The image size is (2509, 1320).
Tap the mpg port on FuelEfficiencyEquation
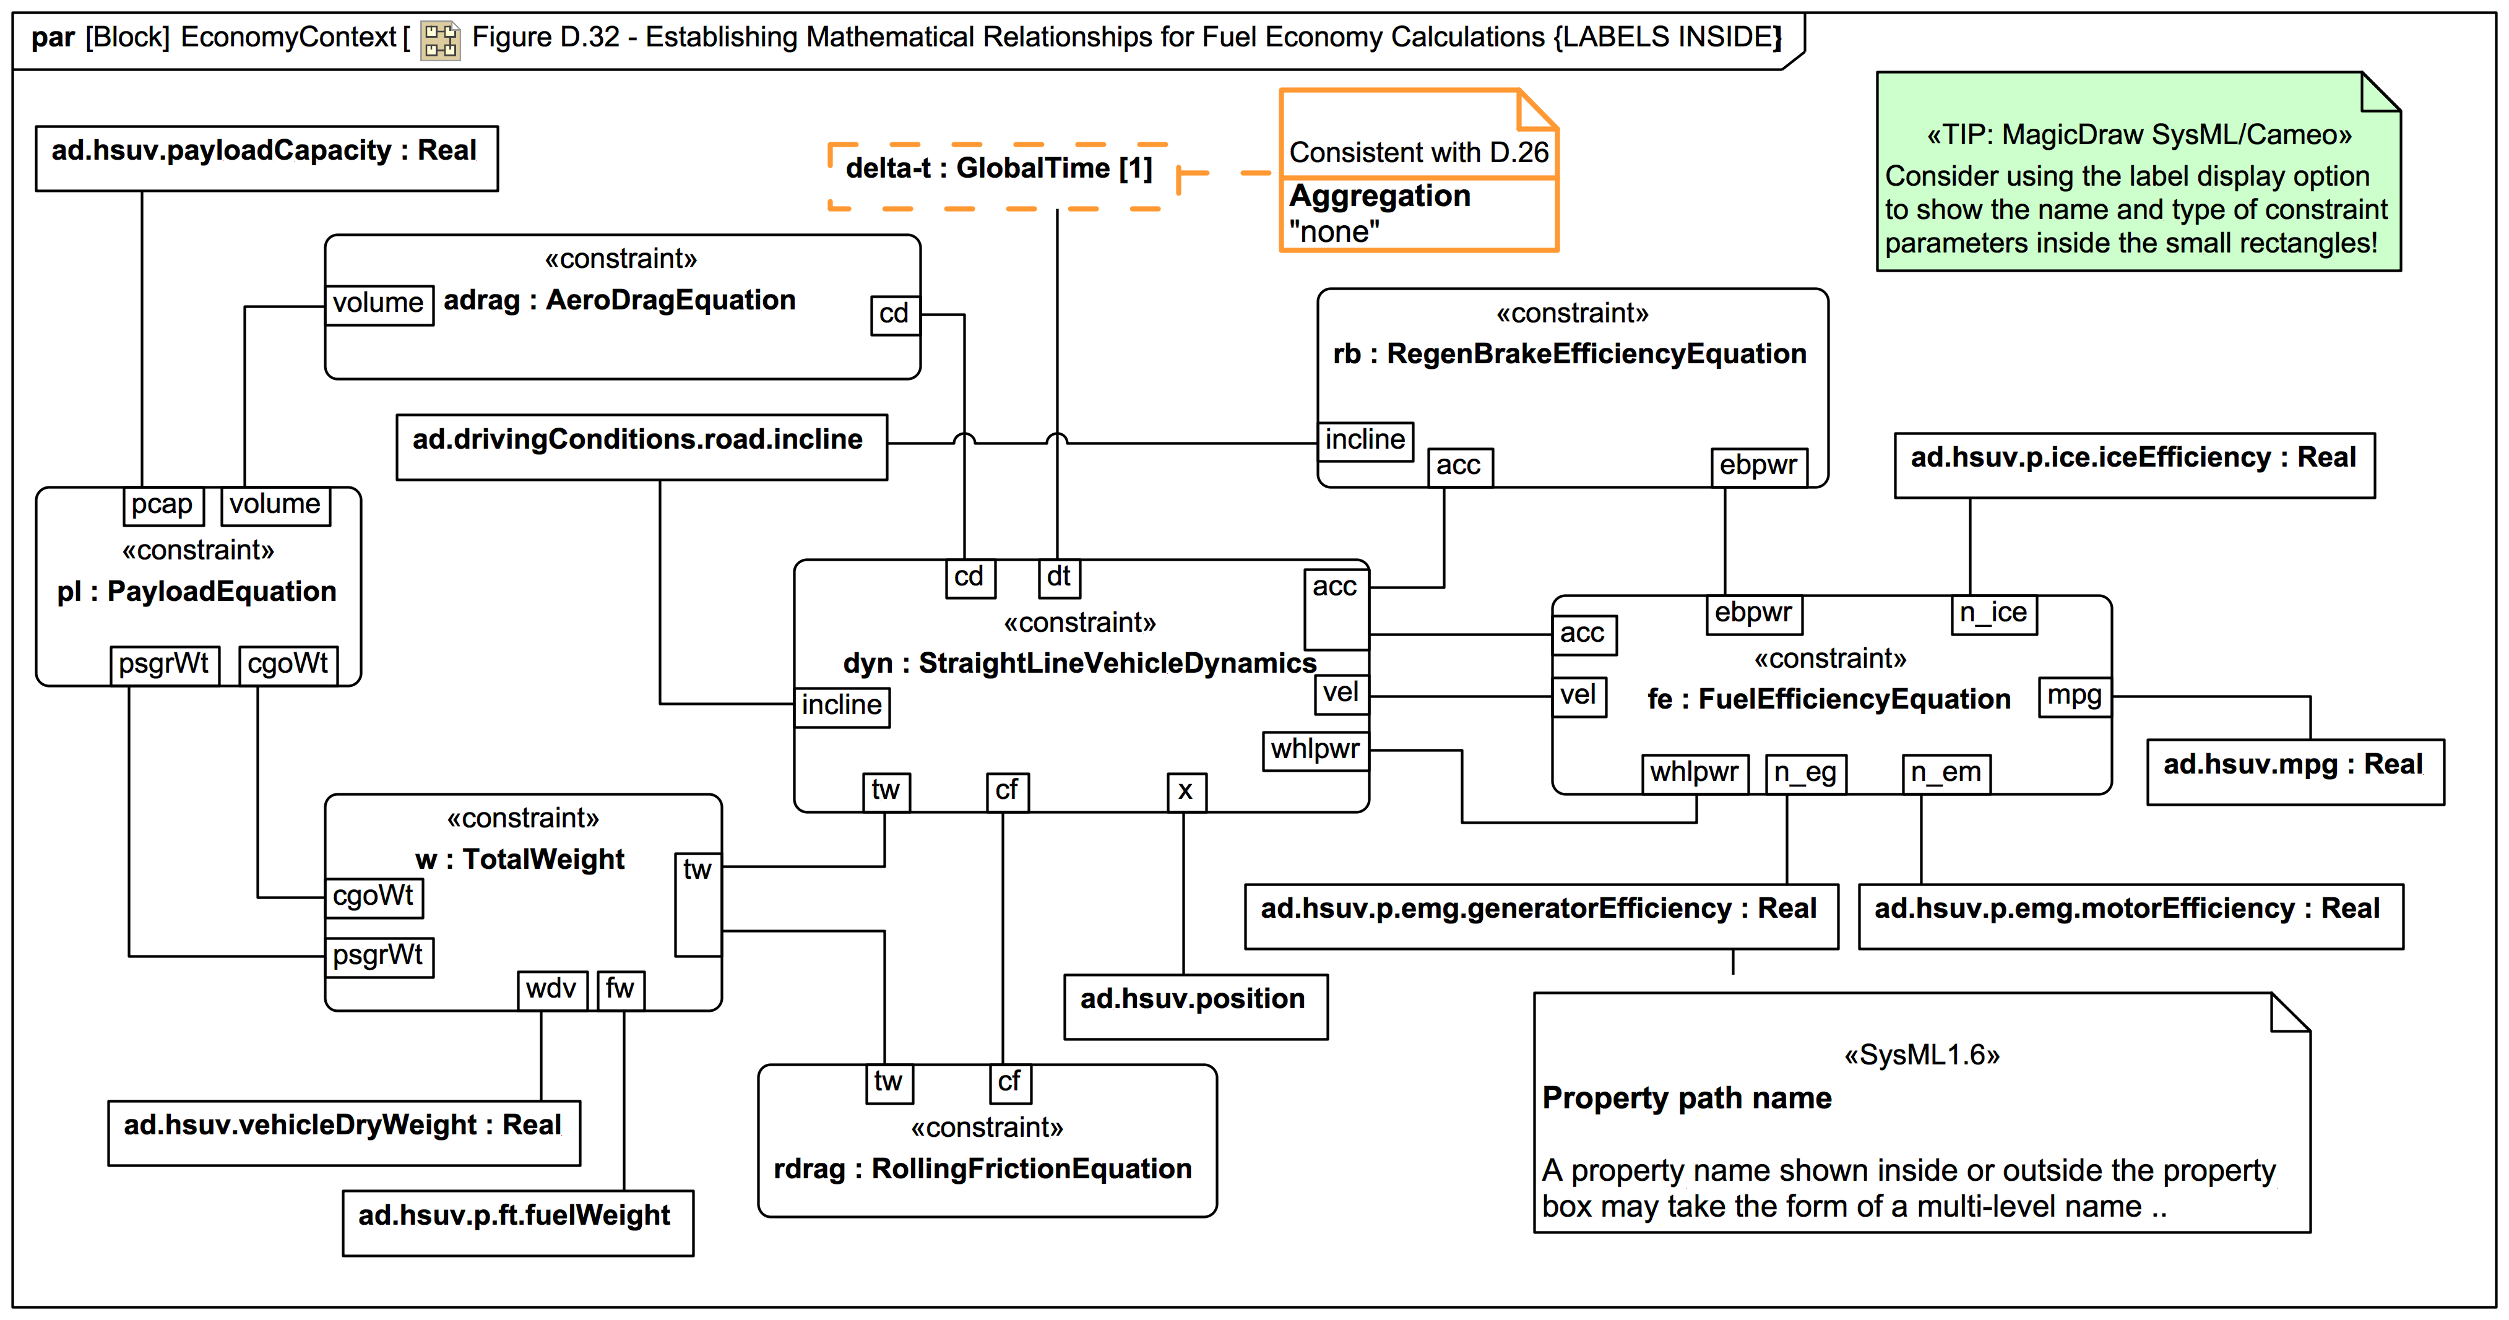coord(2075,697)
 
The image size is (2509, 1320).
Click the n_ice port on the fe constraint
coord(1993,614)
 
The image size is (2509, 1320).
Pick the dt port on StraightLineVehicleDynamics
coord(1059,577)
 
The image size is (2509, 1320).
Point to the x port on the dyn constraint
coord(1185,791)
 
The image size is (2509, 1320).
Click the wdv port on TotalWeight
coord(551,990)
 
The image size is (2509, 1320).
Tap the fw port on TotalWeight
coord(620,990)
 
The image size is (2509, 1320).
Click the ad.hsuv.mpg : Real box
coord(2294,772)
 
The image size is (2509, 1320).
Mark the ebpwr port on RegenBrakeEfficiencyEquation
coord(1758,465)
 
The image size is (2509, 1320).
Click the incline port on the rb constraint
coord(1365,441)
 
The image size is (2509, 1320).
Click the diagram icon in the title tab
coord(440,40)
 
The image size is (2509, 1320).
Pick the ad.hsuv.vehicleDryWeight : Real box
coord(343,1132)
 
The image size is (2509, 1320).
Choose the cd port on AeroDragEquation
coord(894,314)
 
